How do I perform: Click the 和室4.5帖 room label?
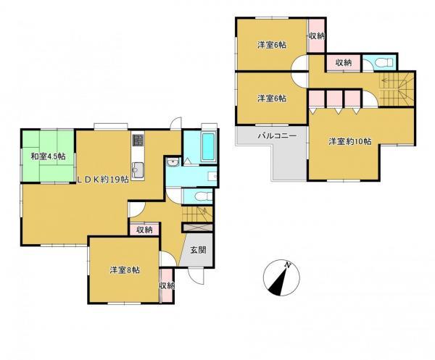point(48,156)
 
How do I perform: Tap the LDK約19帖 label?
point(103,180)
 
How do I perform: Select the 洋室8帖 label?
point(125,270)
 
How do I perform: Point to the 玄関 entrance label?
point(199,250)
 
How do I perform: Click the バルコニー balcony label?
point(277,135)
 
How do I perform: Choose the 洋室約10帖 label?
point(350,141)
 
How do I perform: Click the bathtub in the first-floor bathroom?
point(208,147)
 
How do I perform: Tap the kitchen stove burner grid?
point(138,140)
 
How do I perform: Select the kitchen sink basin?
point(138,169)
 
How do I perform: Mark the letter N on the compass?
point(288,266)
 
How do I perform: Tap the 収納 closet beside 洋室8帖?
point(167,285)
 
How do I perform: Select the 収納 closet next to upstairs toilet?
point(344,62)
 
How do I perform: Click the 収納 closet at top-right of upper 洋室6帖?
point(317,35)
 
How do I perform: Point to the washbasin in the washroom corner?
point(173,162)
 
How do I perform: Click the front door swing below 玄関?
point(196,276)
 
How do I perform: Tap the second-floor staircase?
point(397,89)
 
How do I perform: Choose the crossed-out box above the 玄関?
point(197,227)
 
